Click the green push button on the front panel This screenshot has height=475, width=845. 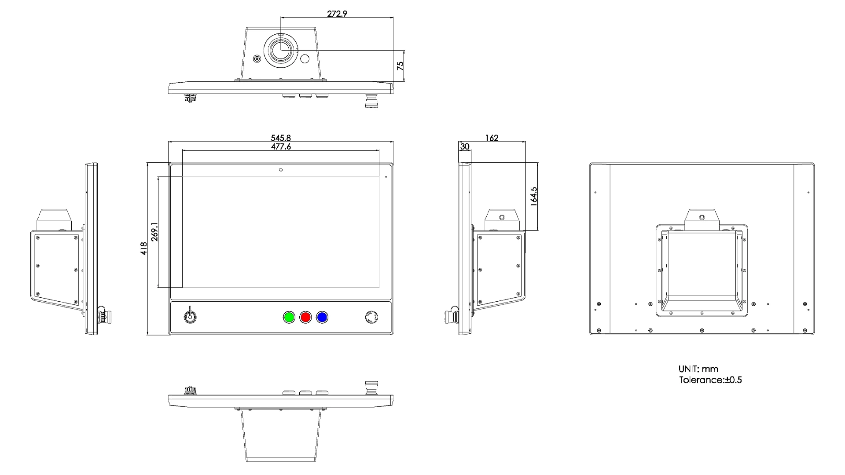coord(289,317)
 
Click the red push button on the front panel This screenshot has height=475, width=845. coord(305,317)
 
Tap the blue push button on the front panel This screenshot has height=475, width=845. coord(322,317)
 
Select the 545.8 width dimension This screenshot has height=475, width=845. coord(280,138)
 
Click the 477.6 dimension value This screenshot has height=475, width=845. coord(280,146)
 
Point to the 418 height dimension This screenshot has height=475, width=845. coord(143,249)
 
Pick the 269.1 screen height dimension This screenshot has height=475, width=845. coord(154,232)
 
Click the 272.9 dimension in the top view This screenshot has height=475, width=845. coord(337,14)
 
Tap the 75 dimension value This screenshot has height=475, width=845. coord(400,66)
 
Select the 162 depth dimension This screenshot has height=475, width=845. coord(491,138)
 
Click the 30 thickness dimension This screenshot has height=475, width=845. coord(465,146)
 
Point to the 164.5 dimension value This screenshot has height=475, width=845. coord(534,197)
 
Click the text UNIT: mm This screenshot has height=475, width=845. coord(698,369)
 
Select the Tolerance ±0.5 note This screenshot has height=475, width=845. coord(710,380)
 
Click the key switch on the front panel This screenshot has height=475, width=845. coord(191,316)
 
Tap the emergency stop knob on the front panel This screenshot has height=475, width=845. coord(372,317)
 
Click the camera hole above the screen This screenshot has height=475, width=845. coord(281,170)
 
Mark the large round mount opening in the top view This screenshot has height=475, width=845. coord(281,50)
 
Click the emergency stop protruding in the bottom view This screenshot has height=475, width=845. coord(370,387)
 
